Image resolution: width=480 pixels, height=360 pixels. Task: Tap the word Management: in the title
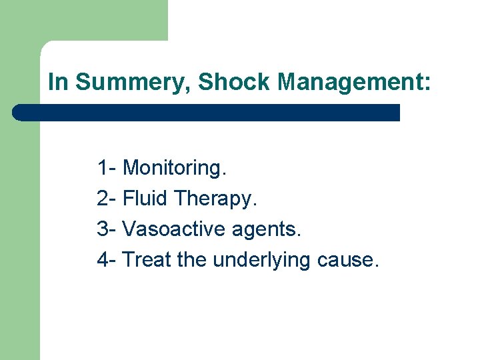355,82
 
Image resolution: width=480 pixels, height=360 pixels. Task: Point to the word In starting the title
58,82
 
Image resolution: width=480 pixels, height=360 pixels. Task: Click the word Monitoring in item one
174,168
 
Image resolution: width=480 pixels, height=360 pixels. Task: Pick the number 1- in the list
107,168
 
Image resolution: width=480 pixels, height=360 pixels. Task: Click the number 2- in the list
107,199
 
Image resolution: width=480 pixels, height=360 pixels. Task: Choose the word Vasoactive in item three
175,229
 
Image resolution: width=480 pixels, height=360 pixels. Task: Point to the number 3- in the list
107,229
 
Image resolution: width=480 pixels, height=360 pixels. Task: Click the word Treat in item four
147,260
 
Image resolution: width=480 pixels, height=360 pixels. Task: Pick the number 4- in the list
107,260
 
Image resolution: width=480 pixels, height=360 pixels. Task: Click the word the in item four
193,260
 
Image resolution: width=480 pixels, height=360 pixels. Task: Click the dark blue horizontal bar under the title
207,112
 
